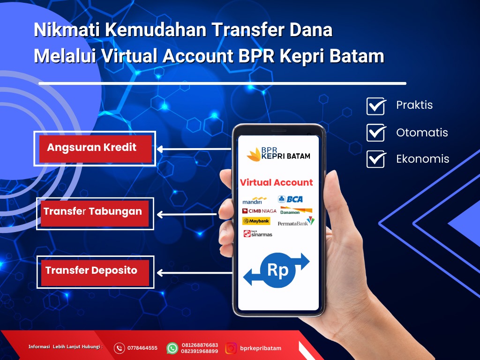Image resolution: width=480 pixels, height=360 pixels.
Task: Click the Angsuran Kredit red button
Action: tap(95, 149)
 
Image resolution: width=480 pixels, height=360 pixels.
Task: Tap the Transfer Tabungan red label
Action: tap(95, 213)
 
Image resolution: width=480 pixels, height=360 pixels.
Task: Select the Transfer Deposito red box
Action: tap(95, 272)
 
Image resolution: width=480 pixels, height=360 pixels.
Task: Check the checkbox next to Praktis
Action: tap(376, 106)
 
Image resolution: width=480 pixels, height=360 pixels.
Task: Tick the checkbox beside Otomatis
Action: tap(376, 133)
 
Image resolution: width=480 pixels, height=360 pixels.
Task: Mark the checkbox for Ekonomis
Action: tap(376, 159)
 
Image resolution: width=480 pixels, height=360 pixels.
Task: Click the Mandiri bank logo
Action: tap(255, 201)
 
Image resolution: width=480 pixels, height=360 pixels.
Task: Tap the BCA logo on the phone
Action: tap(290, 199)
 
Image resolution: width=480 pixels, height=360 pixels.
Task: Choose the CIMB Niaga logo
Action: tap(259, 211)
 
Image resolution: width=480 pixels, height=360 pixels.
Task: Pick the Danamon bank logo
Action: tap(296, 210)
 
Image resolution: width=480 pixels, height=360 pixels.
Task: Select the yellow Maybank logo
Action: tap(256, 221)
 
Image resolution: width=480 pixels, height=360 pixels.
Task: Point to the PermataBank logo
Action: tap(296, 222)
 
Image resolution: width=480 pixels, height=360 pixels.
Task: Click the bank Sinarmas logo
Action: tap(258, 234)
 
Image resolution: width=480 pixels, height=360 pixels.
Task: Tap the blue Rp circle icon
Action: tap(277, 270)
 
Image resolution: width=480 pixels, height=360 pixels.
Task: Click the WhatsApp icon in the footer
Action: tap(172, 348)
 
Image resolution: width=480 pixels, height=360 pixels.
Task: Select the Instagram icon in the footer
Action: tap(231, 348)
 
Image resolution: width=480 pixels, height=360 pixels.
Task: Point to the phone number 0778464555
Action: tap(142, 348)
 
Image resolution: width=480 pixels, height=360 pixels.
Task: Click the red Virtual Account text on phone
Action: tap(276, 182)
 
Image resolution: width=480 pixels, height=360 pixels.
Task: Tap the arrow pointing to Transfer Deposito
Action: tap(195, 272)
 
